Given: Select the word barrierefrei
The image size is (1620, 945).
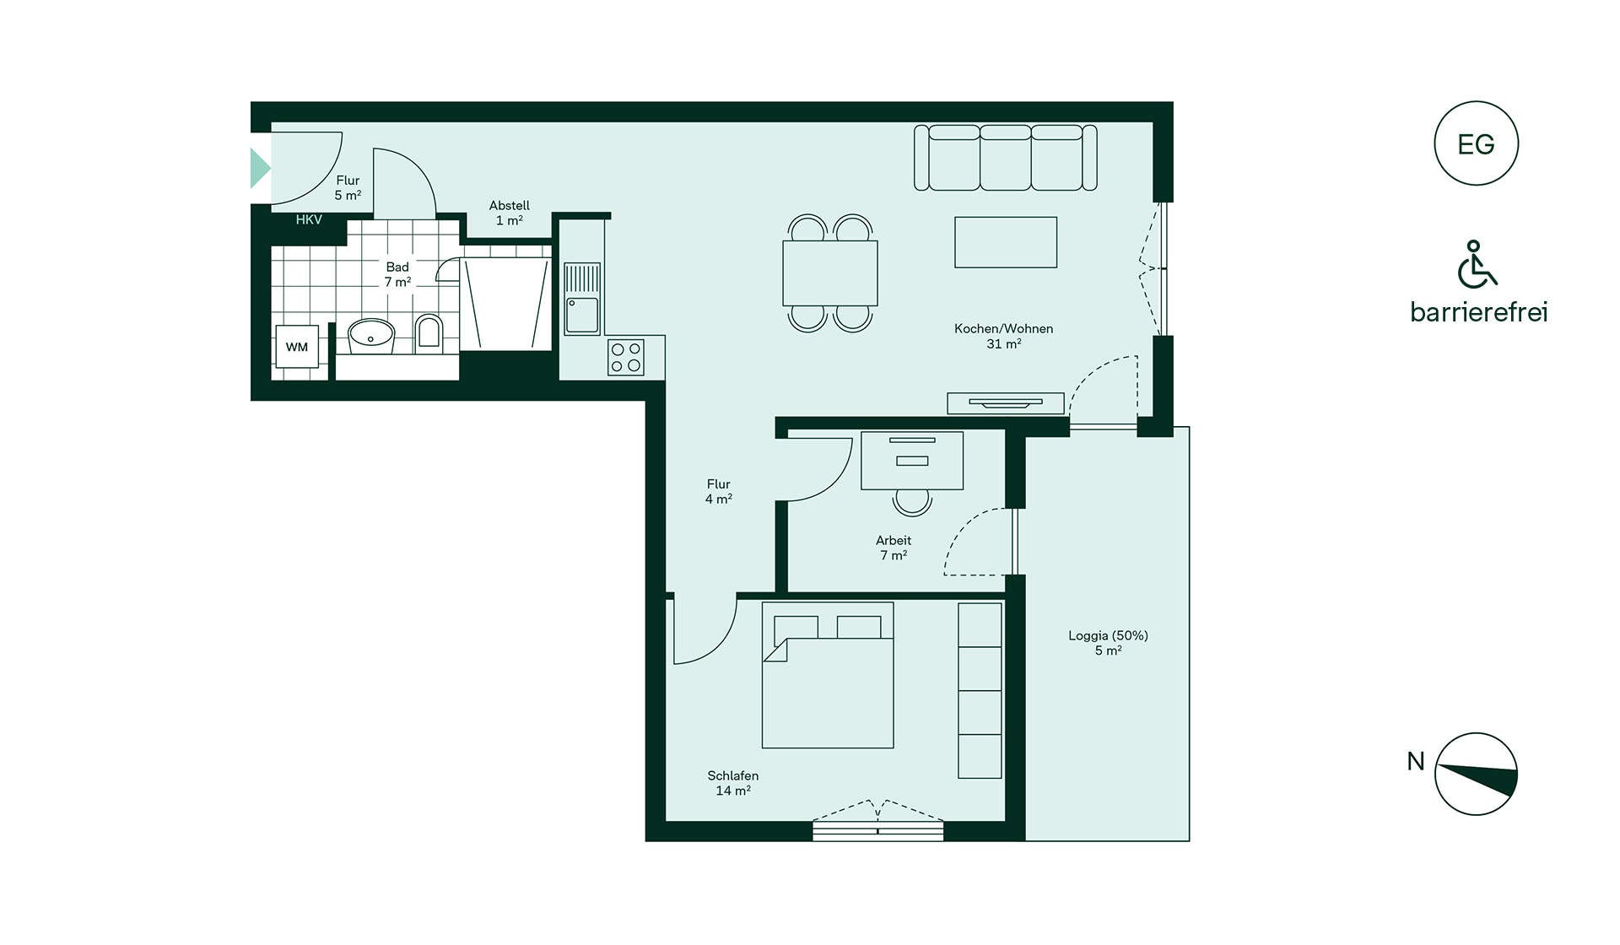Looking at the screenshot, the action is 1478,312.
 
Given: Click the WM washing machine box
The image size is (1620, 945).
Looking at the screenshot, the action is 297,347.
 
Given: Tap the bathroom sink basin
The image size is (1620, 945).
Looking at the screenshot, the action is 372,336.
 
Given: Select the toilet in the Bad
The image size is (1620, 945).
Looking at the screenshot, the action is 429,332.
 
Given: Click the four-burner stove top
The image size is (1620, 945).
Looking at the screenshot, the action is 626,357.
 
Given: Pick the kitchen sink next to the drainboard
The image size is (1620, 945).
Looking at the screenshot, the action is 582,315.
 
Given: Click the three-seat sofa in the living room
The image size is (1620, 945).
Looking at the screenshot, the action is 1006,158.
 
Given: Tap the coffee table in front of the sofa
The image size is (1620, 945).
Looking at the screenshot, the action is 1006,242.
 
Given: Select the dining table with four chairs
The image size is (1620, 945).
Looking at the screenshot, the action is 830,273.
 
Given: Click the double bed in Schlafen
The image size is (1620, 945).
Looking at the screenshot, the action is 828,675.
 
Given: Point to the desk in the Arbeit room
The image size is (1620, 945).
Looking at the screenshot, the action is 912,461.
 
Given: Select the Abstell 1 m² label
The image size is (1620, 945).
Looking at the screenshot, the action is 510,213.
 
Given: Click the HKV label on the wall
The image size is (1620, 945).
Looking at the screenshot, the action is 309,219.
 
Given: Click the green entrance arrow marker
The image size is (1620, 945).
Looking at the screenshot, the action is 260,168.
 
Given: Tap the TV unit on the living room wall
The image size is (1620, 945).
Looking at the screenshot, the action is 1006,403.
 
